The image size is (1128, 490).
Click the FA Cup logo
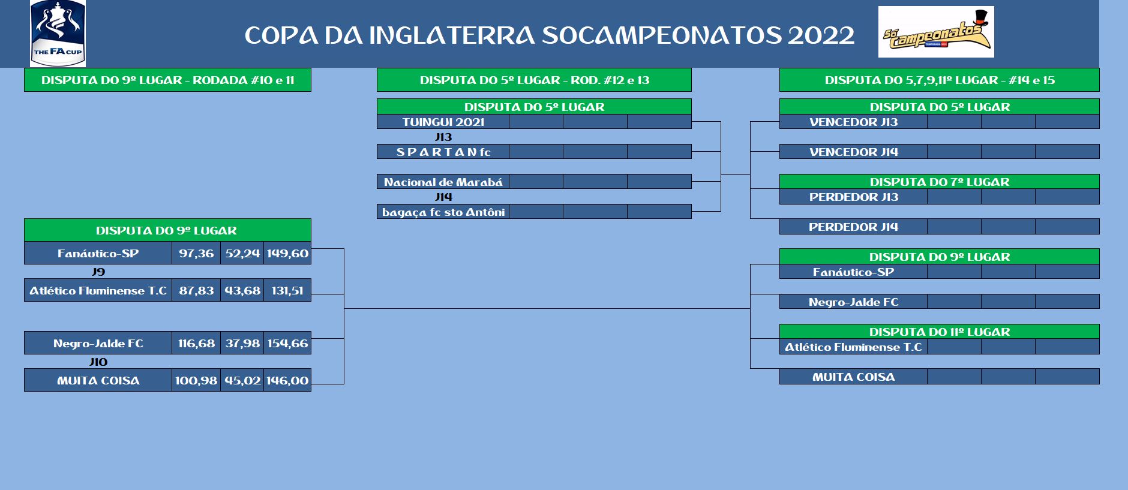[58, 33]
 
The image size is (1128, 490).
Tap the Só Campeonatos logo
[936, 32]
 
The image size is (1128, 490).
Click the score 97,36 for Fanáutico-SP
[196, 253]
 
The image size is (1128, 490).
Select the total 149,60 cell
[287, 253]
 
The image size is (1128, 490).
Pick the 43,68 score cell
[242, 290]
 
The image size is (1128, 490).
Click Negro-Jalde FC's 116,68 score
[196, 343]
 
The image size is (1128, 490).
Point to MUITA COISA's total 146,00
[287, 380]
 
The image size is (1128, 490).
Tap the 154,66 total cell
[287, 343]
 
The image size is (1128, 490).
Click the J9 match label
[98, 272]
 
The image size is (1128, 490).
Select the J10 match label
[98, 362]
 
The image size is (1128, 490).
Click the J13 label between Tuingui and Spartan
[443, 137]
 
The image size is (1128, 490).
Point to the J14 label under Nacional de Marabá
[443, 197]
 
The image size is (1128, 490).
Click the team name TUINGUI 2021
[443, 122]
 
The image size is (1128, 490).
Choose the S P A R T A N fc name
[443, 152]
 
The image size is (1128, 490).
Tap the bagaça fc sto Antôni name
[443, 212]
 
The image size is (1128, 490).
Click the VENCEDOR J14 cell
[853, 152]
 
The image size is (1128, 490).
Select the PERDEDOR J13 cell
[853, 197]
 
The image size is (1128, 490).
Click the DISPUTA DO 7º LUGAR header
[940, 182]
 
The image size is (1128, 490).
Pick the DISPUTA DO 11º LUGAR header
[940, 332]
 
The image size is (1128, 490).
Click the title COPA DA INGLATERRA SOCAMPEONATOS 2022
[550, 35]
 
